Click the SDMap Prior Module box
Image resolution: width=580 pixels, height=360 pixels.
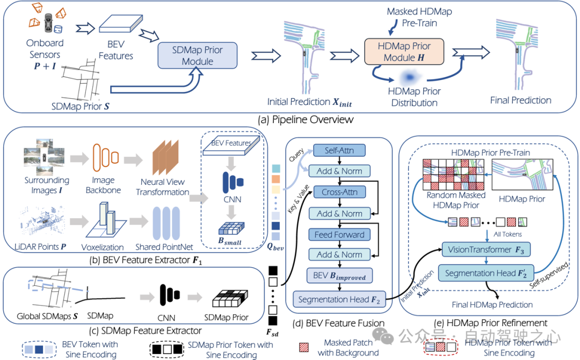click(x=197, y=55)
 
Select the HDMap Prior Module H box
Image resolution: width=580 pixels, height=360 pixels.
click(x=404, y=52)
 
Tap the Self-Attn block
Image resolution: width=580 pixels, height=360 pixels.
click(x=339, y=151)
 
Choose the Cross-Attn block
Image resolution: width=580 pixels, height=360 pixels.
click(x=339, y=192)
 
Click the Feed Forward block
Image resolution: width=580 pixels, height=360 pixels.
click(x=339, y=234)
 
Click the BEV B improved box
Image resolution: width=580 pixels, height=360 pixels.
click(x=339, y=277)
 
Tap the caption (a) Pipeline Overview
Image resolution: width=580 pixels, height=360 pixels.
click(x=290, y=119)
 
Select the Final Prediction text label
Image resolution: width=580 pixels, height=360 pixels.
click(x=520, y=100)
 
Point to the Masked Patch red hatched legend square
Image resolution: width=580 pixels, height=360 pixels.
click(x=303, y=347)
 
